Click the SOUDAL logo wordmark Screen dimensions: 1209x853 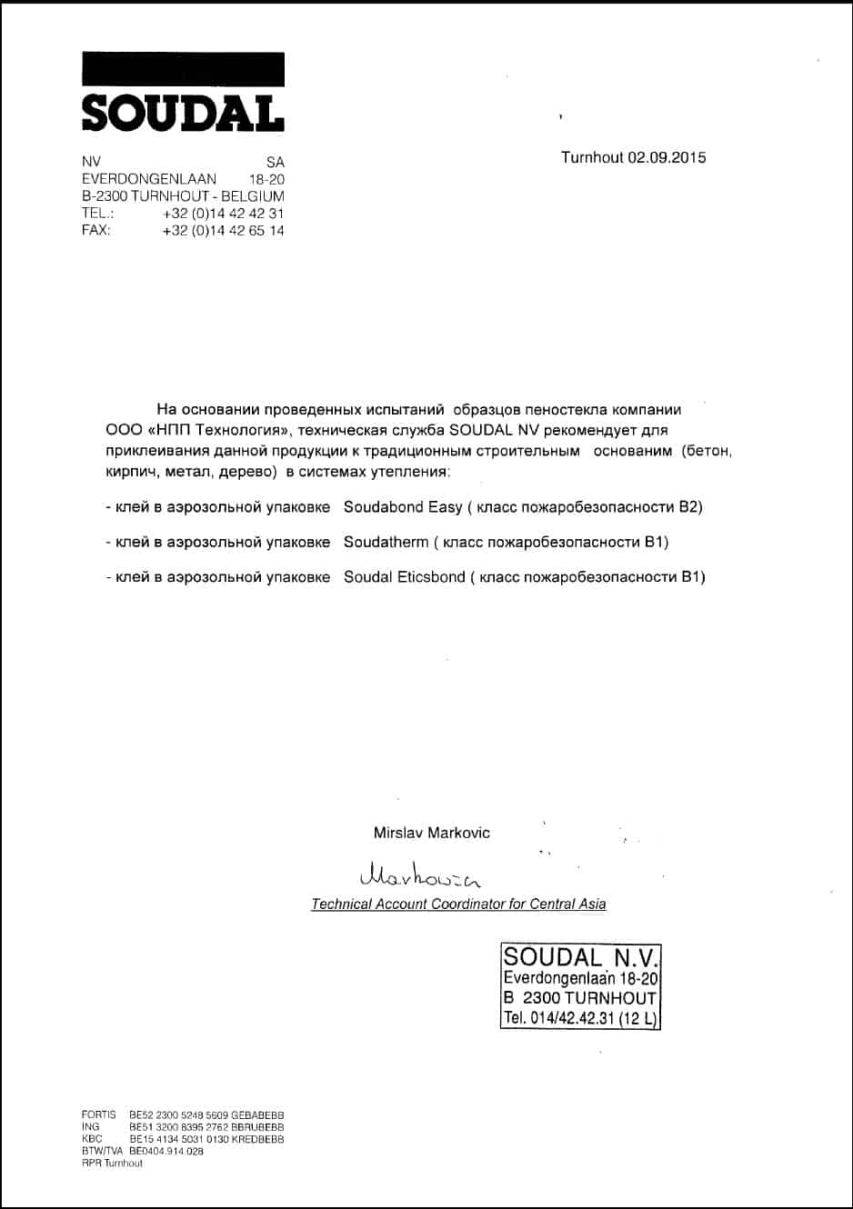(x=183, y=113)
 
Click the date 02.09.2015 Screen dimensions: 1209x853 (x=667, y=157)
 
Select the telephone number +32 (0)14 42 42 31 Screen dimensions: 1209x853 (x=223, y=214)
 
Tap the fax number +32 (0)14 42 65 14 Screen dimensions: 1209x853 (x=223, y=231)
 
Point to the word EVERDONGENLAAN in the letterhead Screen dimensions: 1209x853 (x=149, y=179)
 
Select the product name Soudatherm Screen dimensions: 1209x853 (x=386, y=543)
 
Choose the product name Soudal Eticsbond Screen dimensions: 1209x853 (x=404, y=577)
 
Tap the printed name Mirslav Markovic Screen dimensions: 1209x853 (x=431, y=833)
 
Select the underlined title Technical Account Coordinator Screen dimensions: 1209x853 (x=458, y=904)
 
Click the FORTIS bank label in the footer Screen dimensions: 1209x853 (x=99, y=1114)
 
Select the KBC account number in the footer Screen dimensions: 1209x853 (x=206, y=1139)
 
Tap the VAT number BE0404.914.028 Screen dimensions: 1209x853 (x=166, y=1151)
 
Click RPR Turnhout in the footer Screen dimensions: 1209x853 (x=112, y=1164)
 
